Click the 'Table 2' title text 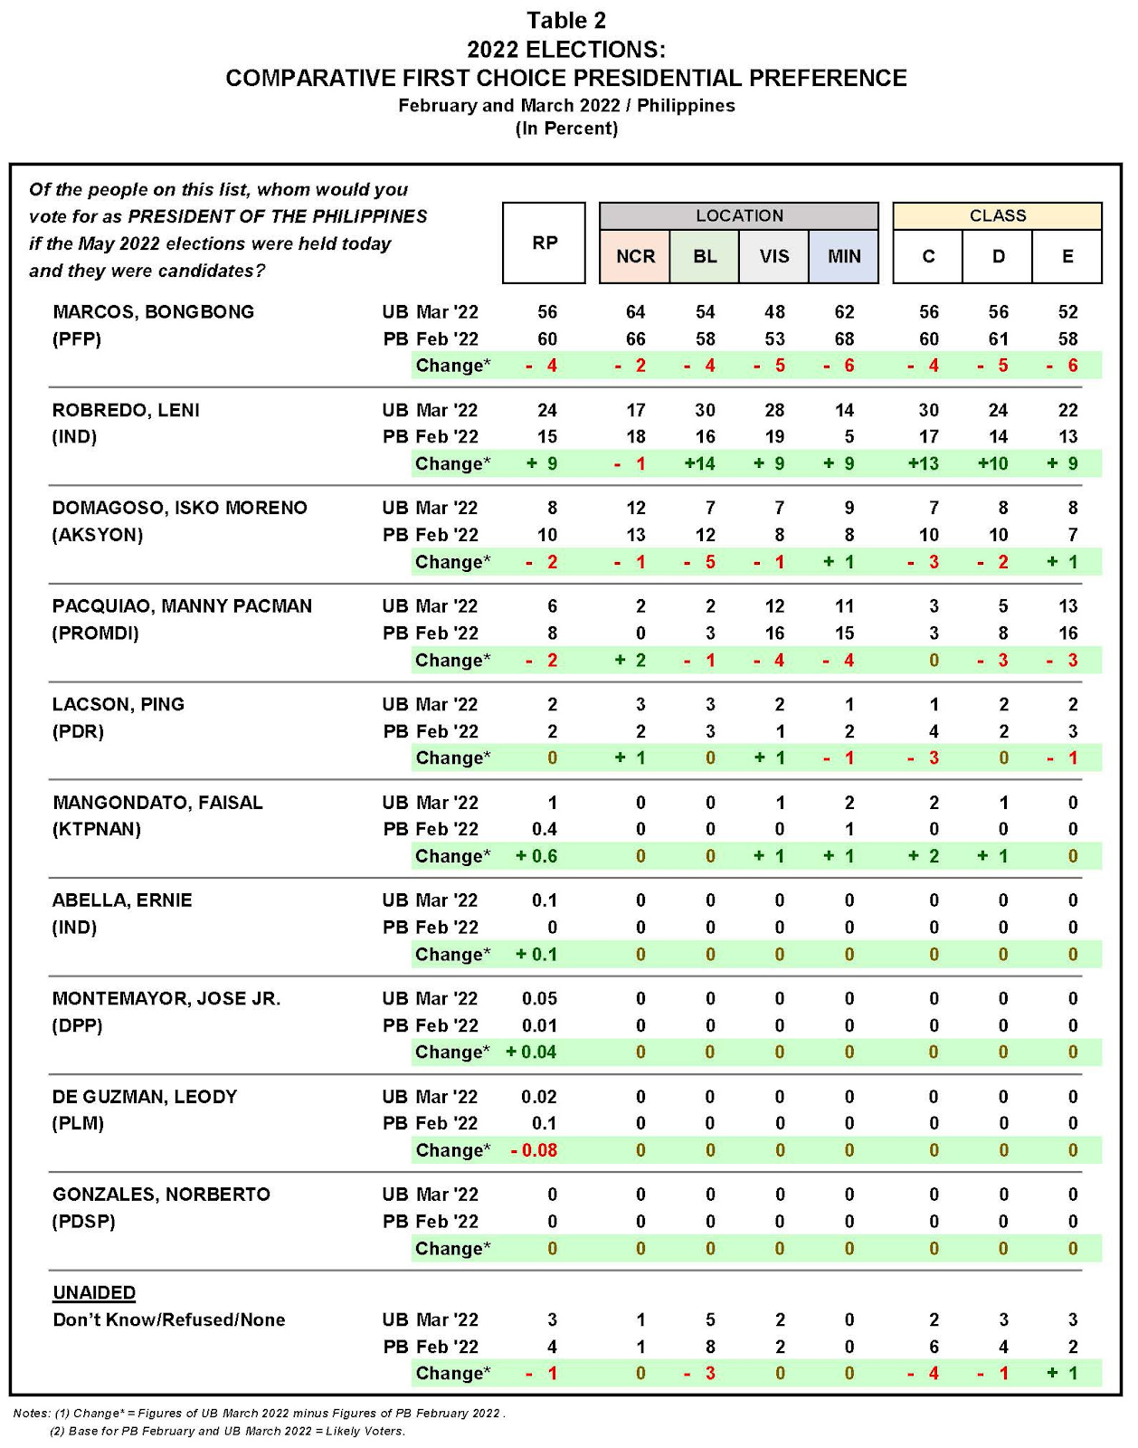point(566,20)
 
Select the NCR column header point(635,256)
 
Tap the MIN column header point(844,256)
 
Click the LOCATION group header point(739,215)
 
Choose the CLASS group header point(998,215)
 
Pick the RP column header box point(545,243)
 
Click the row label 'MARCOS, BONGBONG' point(153,311)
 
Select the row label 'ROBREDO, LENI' point(126,410)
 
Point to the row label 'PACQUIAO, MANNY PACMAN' point(182,606)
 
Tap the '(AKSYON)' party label point(98,535)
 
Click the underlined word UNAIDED point(94,1292)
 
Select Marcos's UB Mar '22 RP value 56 point(547,311)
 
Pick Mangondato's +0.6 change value point(536,856)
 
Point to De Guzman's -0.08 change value point(535,1150)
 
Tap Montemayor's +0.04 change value point(532,1052)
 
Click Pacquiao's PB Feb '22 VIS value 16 point(774,633)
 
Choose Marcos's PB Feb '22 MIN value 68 point(844,338)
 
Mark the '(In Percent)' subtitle point(566,129)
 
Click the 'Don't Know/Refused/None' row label point(169,1319)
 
